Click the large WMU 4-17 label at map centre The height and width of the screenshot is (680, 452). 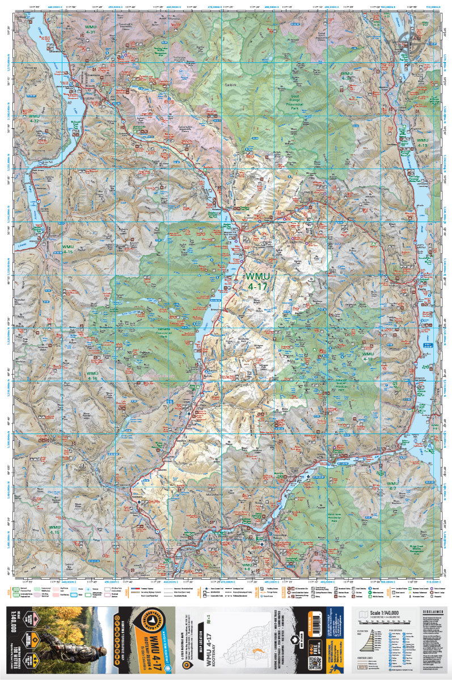point(259,281)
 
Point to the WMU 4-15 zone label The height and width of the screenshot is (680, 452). point(68,249)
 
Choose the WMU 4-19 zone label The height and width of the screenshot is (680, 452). point(422,142)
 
